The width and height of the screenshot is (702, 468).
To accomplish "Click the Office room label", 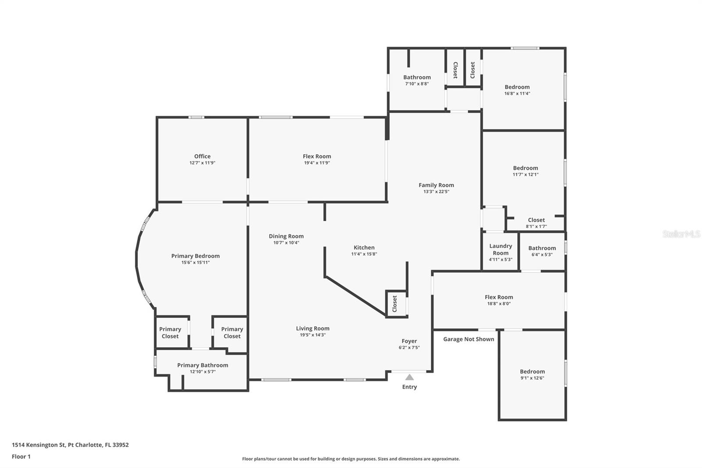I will (202, 156).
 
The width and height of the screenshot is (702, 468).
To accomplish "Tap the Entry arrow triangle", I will (409, 377).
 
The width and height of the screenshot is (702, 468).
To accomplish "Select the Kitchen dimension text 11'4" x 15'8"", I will (364, 254).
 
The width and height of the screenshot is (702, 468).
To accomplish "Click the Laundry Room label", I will (501, 249).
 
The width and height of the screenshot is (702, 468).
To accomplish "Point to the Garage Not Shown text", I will (468, 339).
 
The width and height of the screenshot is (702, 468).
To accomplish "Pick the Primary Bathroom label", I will (202, 365).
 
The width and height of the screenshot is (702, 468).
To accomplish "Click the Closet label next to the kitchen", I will (394, 303).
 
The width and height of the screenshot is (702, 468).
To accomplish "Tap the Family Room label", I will (436, 185).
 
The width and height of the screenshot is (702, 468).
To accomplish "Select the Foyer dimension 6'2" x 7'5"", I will (409, 347).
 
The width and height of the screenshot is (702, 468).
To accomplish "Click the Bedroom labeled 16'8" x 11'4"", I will (517, 87).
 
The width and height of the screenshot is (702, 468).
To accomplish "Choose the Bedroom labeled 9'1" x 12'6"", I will (532, 371).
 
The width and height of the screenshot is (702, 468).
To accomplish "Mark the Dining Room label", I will (286, 236).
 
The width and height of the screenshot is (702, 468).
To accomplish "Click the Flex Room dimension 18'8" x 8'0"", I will (499, 303).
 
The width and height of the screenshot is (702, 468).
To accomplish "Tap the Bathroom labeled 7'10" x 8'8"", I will (417, 77).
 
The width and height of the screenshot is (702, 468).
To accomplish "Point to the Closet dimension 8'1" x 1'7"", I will (536, 227).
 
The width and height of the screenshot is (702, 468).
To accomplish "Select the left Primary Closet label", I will (170, 332).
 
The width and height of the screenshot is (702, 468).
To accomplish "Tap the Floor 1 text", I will (21, 457).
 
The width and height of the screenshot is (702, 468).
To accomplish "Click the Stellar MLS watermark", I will (681, 234).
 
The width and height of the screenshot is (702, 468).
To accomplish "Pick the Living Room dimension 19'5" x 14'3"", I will (312, 335).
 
